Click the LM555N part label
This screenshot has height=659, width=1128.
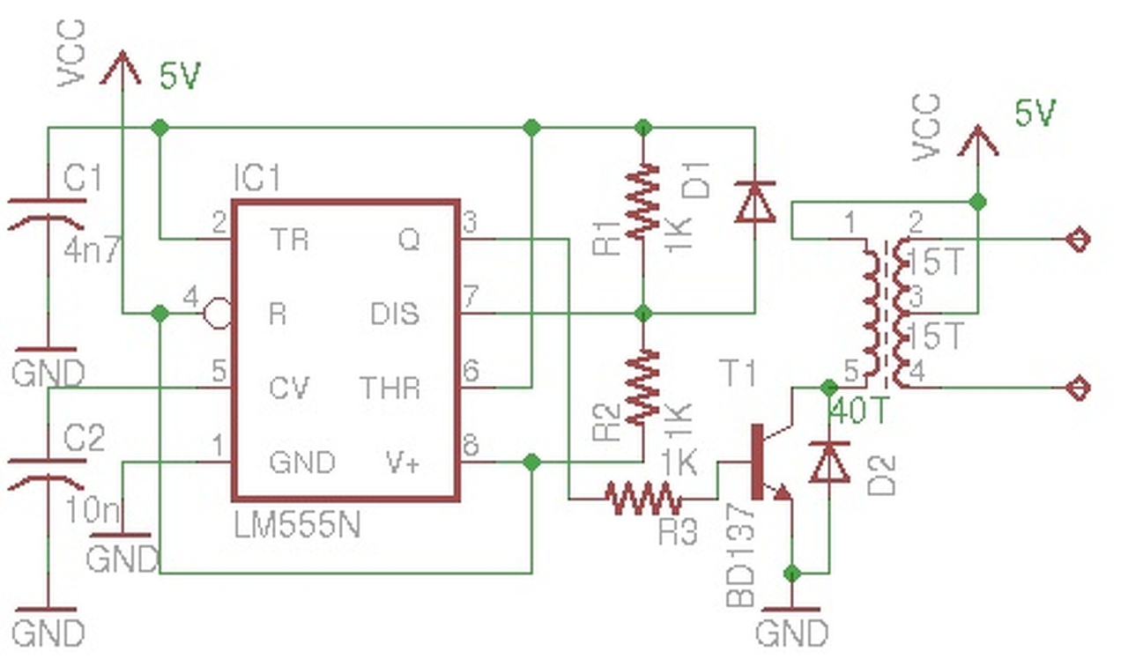297,526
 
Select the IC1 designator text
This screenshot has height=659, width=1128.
256,177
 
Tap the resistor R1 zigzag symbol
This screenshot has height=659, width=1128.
642,200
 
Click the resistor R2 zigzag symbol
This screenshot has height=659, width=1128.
642,387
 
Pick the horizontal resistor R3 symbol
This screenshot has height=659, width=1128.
643,499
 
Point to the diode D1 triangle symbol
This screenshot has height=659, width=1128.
755,202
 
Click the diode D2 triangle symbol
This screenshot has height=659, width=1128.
829,463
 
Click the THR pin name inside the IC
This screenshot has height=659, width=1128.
390,388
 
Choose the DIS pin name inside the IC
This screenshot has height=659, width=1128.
395,314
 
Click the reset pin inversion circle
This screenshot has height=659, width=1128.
218,314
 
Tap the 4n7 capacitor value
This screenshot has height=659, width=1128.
93,250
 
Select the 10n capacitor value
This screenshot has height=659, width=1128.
93,510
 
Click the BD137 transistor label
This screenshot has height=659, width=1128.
740,555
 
